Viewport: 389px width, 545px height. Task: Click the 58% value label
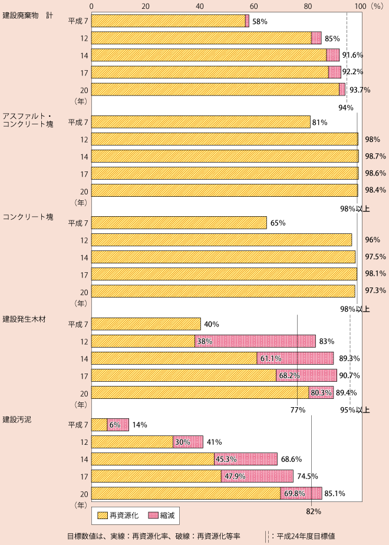tap(259, 21)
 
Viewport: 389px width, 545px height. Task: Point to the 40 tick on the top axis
tap(200, 5)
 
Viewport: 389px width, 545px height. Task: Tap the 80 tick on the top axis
tap(308, 5)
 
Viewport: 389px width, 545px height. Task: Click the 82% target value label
tap(313, 511)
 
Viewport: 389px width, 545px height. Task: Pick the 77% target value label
tap(297, 409)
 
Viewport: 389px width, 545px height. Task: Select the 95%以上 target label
tap(355, 409)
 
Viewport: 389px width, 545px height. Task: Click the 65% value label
tap(278, 223)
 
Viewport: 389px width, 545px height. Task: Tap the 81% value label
tap(320, 123)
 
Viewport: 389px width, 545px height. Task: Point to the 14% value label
tap(140, 425)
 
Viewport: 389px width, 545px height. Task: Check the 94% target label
tap(345, 107)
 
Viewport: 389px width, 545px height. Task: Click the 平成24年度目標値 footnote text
tap(306, 536)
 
